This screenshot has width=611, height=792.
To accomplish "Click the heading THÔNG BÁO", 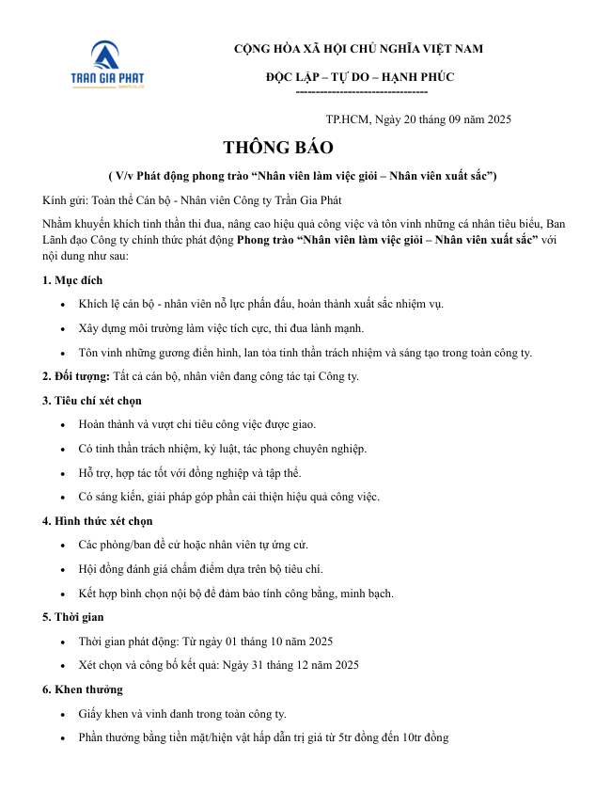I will pos(277,149).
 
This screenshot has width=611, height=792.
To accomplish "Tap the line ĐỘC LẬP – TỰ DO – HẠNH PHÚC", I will pos(360,77).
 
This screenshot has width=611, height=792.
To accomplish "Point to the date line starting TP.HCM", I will pos(418,119).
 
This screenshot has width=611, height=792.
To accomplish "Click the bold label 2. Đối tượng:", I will pos(76,376).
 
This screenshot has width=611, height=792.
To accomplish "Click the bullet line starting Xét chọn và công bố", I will pos(219,665).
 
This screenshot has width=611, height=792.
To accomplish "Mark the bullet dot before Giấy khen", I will pos(62,715).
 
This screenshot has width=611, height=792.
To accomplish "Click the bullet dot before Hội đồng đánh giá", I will pos(62,570).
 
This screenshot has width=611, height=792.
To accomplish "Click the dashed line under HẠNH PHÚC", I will pos(361,91).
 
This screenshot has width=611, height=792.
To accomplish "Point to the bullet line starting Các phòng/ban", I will pos(194,546).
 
